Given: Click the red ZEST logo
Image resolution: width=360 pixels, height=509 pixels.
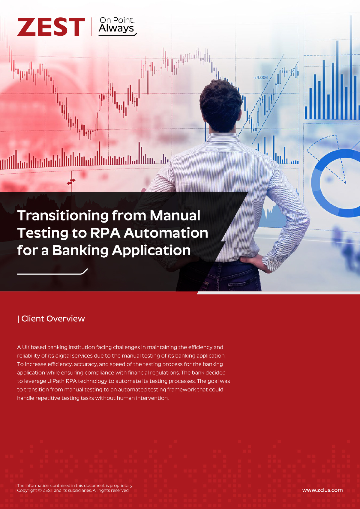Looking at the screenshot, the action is click(51, 27).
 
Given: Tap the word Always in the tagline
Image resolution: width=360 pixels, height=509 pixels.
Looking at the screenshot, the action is click(116, 28).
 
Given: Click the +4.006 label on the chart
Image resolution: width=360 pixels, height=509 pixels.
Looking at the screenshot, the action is click(261, 77).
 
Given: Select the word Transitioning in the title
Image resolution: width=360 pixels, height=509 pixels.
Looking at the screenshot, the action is click(63, 216).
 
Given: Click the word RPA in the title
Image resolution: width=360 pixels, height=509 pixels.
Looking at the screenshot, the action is click(105, 233).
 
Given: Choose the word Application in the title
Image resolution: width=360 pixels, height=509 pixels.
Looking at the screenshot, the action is click(151, 251).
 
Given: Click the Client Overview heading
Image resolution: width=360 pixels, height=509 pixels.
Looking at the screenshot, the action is click(51, 318).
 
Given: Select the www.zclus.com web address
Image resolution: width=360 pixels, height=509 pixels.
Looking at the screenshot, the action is click(322, 490).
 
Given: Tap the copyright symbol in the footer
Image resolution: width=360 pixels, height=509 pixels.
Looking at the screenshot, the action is click(40, 490).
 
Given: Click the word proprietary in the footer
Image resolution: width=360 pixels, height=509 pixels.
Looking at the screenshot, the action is click(121, 486).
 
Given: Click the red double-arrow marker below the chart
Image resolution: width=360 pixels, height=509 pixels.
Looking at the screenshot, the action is click(71, 181).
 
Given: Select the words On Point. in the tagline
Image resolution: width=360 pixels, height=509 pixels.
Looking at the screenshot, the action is click(117, 20).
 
